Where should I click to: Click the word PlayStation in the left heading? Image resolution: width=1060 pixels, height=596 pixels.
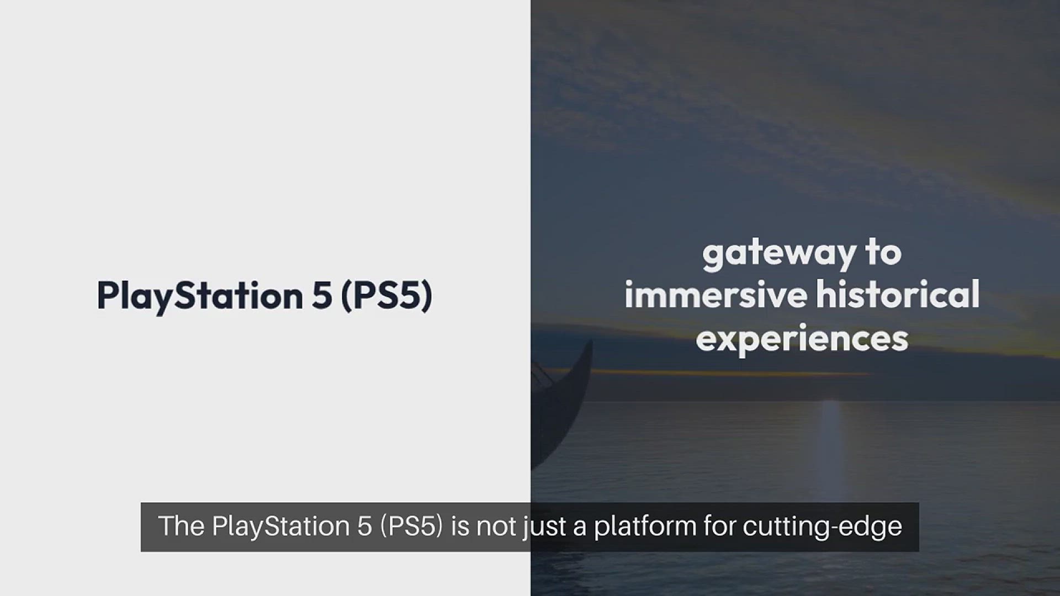(x=200, y=296)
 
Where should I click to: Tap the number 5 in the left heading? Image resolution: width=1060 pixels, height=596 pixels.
(x=322, y=295)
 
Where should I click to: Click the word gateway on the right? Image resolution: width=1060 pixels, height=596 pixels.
(x=778, y=254)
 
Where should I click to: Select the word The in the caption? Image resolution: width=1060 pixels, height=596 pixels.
(x=182, y=526)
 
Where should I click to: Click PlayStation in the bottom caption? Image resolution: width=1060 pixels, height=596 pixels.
(x=281, y=526)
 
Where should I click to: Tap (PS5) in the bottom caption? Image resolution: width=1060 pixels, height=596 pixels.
(x=411, y=526)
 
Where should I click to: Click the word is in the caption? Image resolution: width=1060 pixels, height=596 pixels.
(x=460, y=526)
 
